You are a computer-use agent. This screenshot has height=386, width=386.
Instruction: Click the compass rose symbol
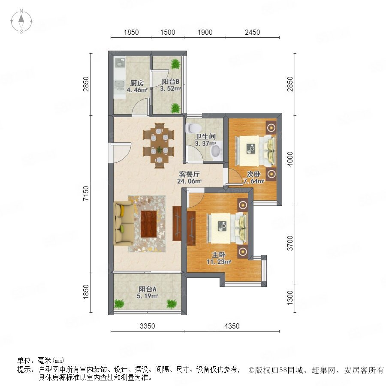click(21, 21)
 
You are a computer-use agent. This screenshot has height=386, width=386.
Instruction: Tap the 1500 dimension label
click(168, 32)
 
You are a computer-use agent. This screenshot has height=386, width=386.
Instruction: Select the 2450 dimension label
click(252, 32)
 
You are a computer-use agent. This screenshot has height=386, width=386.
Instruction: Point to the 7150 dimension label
click(86, 193)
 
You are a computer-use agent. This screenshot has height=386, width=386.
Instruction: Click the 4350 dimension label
click(232, 326)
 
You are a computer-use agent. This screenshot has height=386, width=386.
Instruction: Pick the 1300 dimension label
click(290, 298)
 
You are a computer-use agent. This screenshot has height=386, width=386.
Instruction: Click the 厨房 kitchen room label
click(137, 83)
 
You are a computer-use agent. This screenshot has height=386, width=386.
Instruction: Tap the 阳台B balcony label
click(170, 82)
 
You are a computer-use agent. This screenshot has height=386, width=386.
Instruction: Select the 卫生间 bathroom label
click(205, 137)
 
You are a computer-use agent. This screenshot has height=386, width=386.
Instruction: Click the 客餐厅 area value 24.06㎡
click(190, 181)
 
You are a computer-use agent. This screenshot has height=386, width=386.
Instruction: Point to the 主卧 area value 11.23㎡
click(219, 262)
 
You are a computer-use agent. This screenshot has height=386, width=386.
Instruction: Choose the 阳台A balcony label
click(148, 289)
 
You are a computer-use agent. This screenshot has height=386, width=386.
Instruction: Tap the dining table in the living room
click(159, 146)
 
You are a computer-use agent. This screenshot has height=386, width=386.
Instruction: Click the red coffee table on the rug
click(149, 224)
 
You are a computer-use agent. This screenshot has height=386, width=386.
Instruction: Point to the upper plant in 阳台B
click(175, 64)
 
